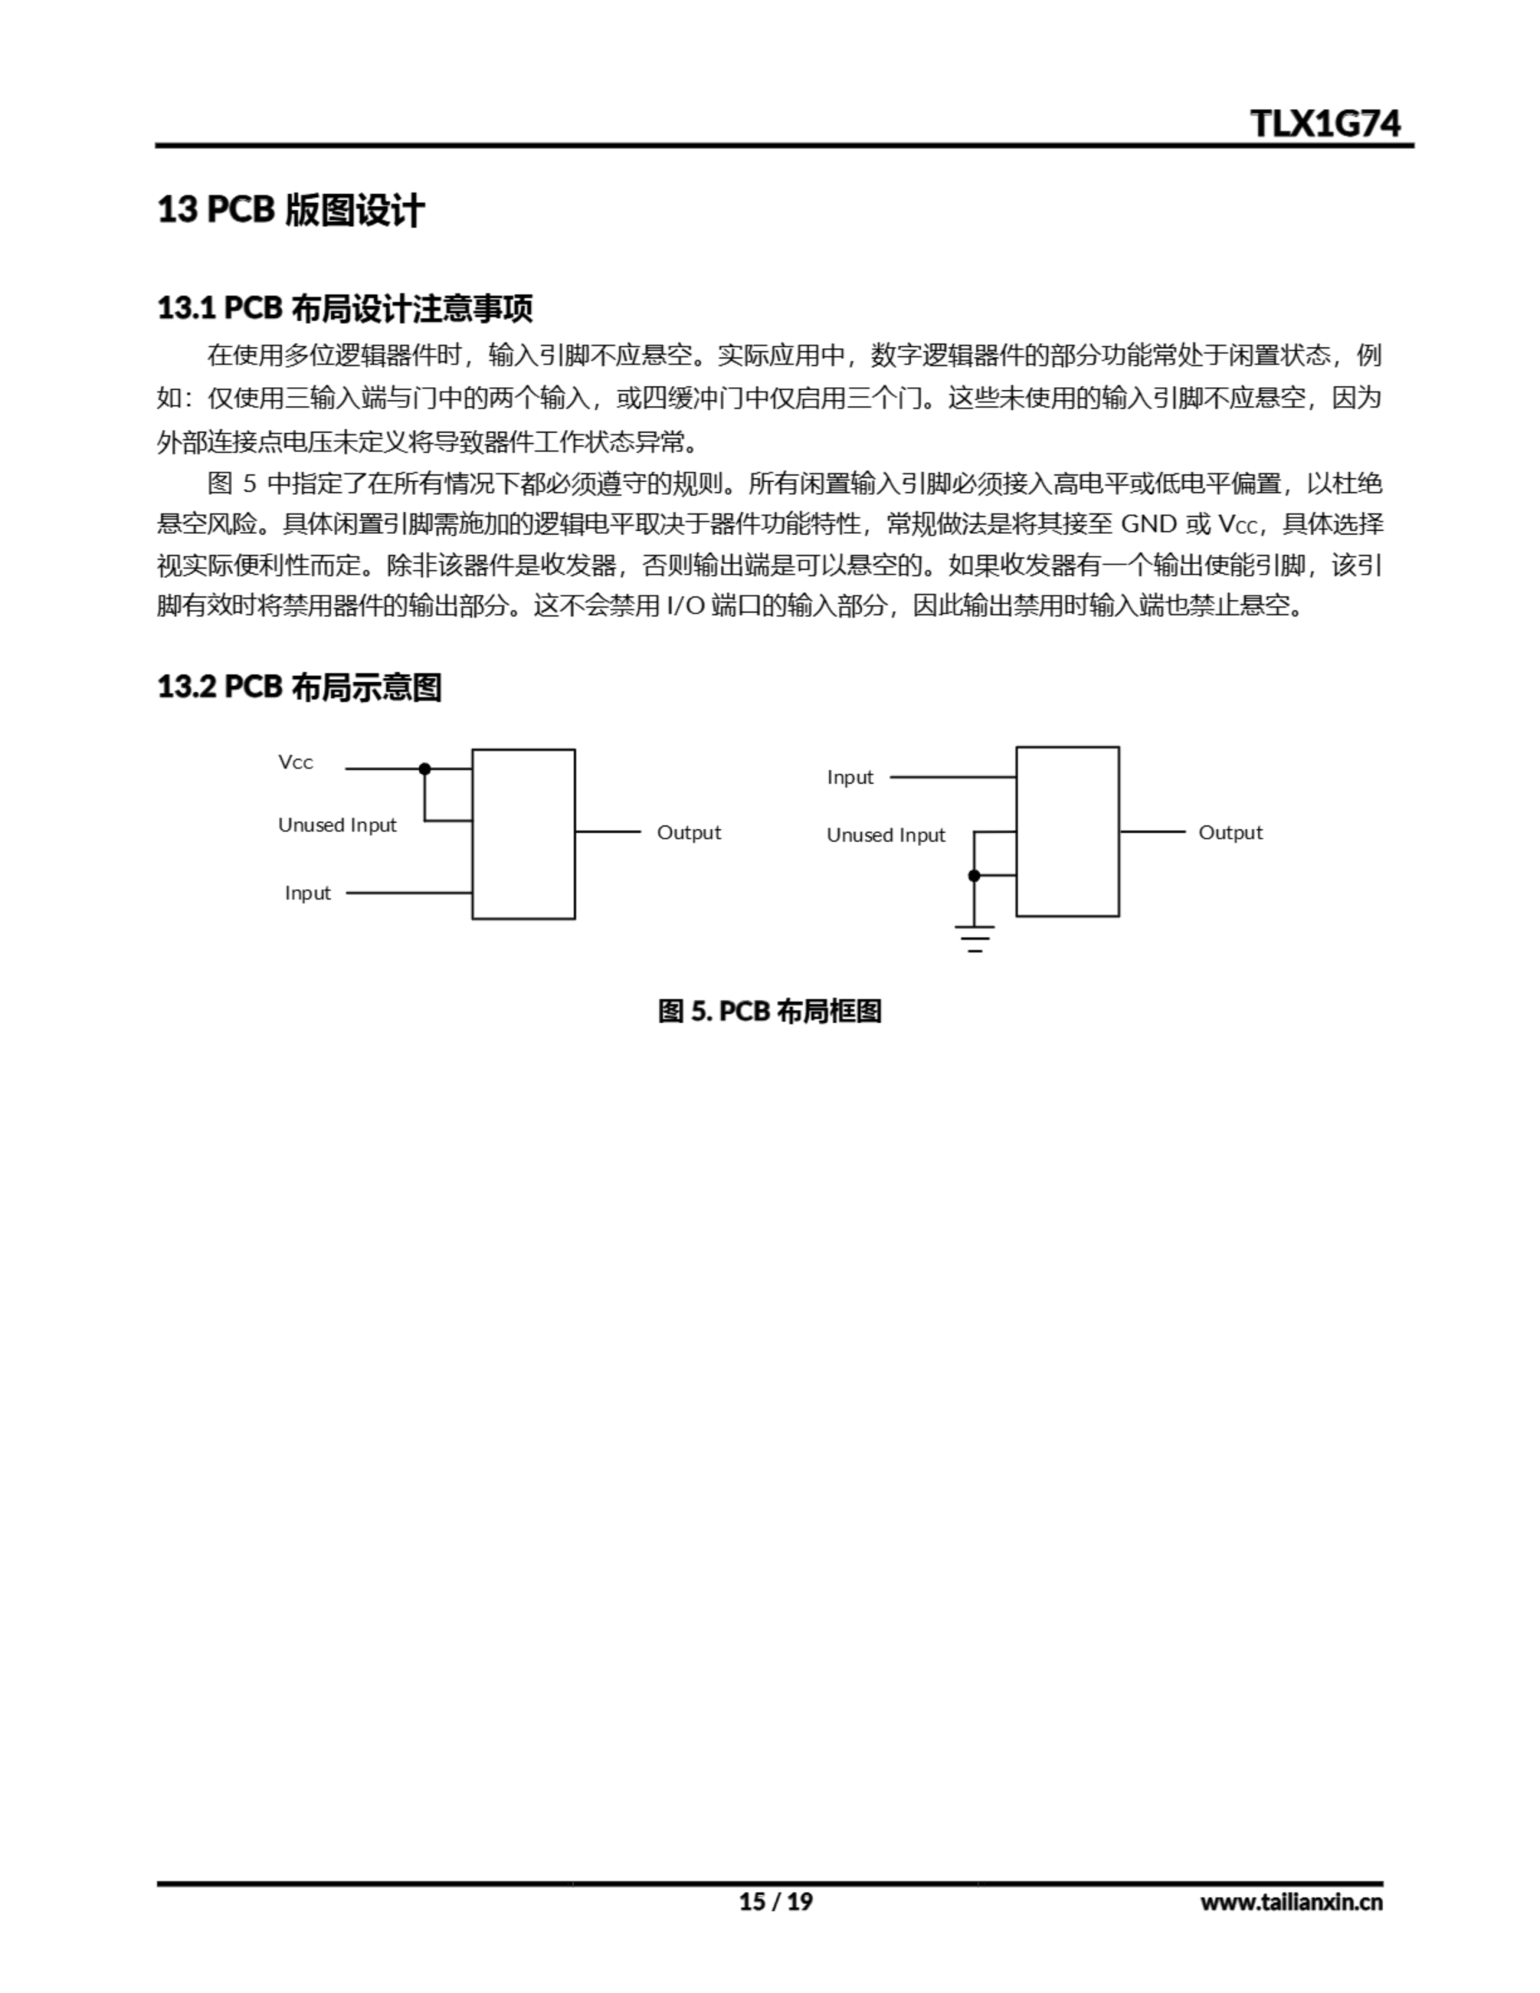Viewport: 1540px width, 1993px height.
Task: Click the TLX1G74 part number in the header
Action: click(1324, 123)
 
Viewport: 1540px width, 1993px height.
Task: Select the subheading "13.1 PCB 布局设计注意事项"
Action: click(344, 308)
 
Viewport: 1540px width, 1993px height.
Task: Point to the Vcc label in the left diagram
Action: click(296, 763)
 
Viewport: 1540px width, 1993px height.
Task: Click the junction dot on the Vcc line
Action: click(424, 769)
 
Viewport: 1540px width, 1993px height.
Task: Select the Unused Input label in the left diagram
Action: click(337, 825)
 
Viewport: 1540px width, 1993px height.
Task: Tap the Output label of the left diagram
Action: click(688, 832)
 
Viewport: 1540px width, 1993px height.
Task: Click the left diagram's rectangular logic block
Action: click(523, 834)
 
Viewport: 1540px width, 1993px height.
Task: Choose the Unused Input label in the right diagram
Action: click(885, 835)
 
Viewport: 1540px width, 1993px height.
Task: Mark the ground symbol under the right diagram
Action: click(974, 938)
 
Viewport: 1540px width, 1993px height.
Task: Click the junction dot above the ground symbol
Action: click(974, 876)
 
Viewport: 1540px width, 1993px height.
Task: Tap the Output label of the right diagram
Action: click(1229, 832)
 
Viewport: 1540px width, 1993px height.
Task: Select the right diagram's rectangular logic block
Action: click(1067, 831)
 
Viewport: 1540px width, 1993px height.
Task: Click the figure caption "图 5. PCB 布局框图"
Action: click(769, 1011)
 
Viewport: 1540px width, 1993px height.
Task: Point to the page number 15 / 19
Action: click(775, 1902)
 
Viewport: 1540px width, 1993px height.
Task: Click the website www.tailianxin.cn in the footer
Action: click(1291, 1902)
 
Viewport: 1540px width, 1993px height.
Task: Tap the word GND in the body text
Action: click(1148, 524)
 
